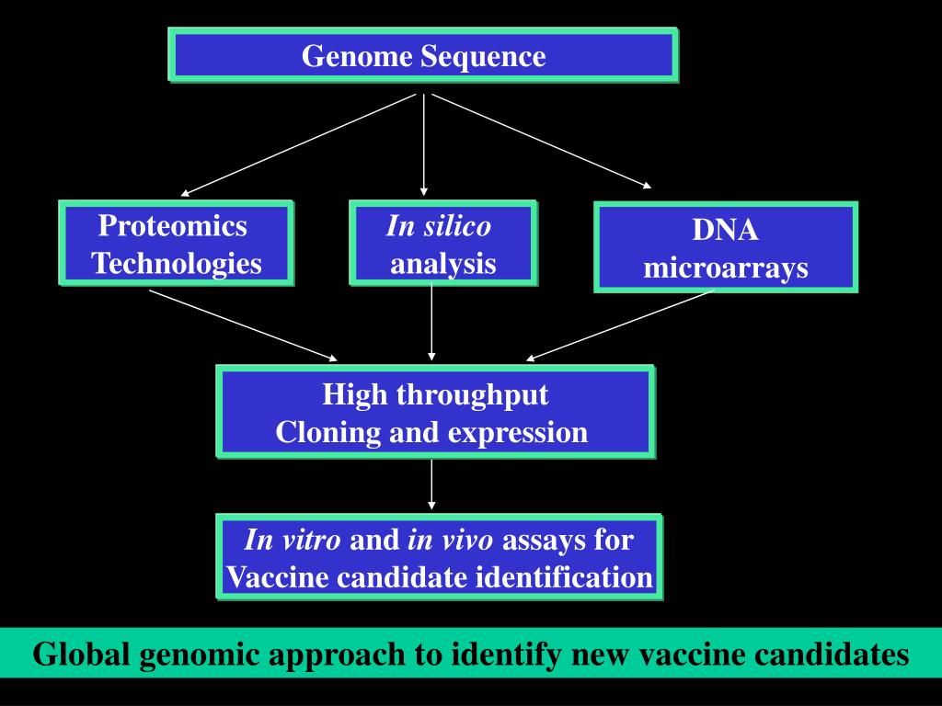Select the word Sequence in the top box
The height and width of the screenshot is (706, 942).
[x=483, y=56]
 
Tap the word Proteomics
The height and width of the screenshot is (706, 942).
[x=172, y=226]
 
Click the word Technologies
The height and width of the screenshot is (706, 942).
[x=177, y=264]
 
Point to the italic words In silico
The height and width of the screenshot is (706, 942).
[x=439, y=226]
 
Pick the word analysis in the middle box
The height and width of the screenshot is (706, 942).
[x=443, y=264]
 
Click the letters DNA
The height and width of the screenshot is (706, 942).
[x=725, y=230]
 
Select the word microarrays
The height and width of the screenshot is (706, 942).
[x=726, y=268]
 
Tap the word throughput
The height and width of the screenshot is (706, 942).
[x=472, y=395]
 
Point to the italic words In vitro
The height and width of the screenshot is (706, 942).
[x=293, y=540]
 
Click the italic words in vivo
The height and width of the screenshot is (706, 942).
[x=451, y=540]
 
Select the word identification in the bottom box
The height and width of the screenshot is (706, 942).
[x=564, y=577]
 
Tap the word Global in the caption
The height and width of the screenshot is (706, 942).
[x=81, y=654]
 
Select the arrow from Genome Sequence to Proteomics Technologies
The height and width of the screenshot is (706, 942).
[x=298, y=144]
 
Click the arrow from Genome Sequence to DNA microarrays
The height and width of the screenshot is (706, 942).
[x=541, y=141]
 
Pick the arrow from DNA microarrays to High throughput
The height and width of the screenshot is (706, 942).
[x=620, y=326]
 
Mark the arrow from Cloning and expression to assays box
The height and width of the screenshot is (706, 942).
[x=431, y=485]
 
